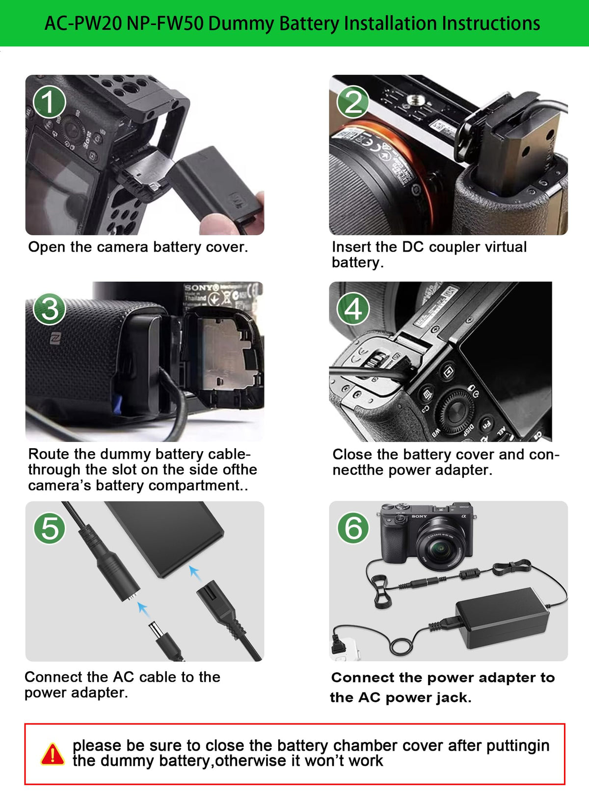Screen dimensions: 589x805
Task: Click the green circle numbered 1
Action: [49, 102]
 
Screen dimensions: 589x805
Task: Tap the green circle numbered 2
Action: [353, 102]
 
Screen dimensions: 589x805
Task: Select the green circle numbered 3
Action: [49, 309]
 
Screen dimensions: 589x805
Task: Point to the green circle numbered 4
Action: [353, 309]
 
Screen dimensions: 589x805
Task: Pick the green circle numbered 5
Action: [49, 528]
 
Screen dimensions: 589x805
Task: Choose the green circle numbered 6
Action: [353, 528]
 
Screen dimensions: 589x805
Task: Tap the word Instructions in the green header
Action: [491, 24]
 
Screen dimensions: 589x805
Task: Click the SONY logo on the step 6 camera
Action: [419, 517]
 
